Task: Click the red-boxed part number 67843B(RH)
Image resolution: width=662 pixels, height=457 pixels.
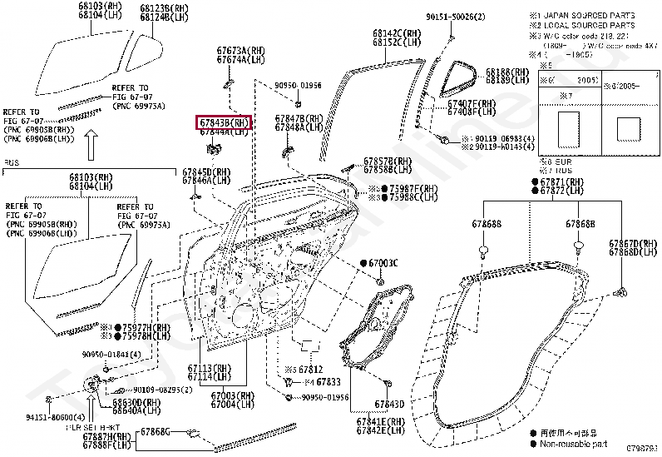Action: point(223,123)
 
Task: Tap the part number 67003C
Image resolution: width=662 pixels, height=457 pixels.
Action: point(383,263)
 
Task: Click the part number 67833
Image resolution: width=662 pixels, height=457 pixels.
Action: point(329,381)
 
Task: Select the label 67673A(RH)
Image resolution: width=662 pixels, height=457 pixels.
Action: point(240,52)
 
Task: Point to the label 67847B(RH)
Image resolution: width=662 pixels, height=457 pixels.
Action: point(299,119)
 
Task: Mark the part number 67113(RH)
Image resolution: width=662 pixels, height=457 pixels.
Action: point(208,368)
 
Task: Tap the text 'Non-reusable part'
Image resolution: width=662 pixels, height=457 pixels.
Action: point(573,445)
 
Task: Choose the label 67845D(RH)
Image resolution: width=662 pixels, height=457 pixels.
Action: point(207,171)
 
